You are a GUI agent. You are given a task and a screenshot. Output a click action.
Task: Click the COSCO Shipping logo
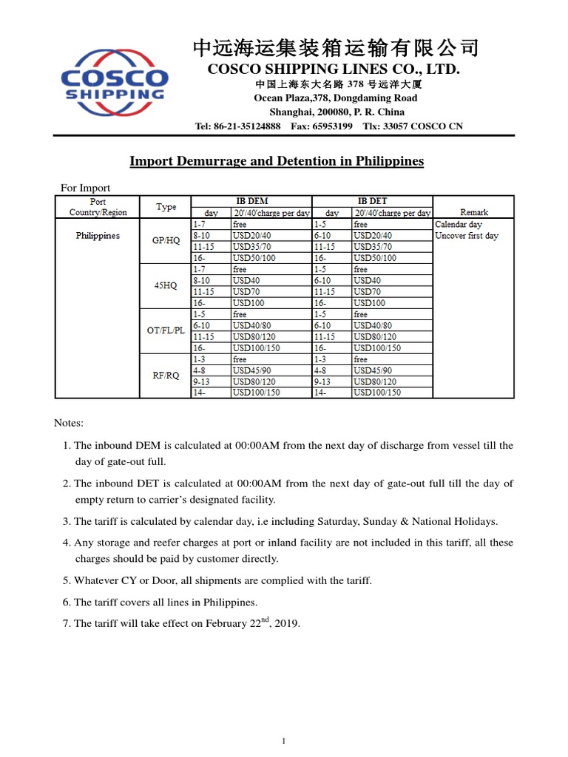point(115,84)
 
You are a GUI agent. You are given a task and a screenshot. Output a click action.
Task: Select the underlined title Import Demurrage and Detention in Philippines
point(277,161)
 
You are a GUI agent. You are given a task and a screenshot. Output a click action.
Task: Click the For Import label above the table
point(85,189)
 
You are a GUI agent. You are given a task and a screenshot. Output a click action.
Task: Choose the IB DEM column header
point(251,201)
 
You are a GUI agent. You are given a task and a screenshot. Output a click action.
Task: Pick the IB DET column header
point(373,201)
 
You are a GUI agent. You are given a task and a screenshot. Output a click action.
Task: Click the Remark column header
point(473,212)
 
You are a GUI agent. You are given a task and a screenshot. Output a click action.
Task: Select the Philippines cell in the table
point(98,236)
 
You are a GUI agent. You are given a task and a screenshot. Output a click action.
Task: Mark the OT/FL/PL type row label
point(166,330)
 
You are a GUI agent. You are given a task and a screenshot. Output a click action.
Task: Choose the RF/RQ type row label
point(166,376)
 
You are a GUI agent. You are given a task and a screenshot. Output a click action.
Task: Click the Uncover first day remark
point(467,236)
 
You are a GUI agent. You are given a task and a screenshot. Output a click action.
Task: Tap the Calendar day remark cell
point(459,224)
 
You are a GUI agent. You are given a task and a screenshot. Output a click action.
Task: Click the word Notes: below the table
point(69,423)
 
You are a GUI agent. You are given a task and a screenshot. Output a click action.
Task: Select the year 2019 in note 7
point(285,624)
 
